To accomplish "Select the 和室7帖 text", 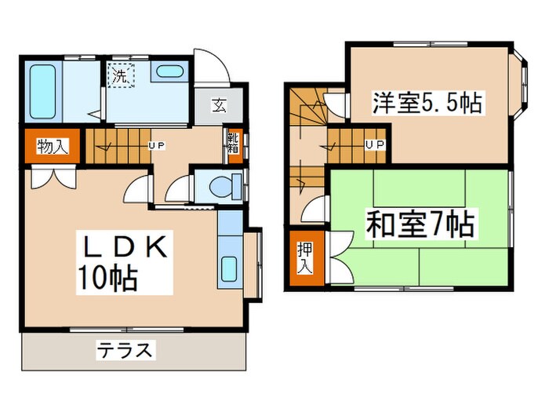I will pos(420,225).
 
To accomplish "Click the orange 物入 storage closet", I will pos(53,145).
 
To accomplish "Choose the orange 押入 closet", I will pos(303,257).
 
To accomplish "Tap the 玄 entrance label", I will pos(216,103).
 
